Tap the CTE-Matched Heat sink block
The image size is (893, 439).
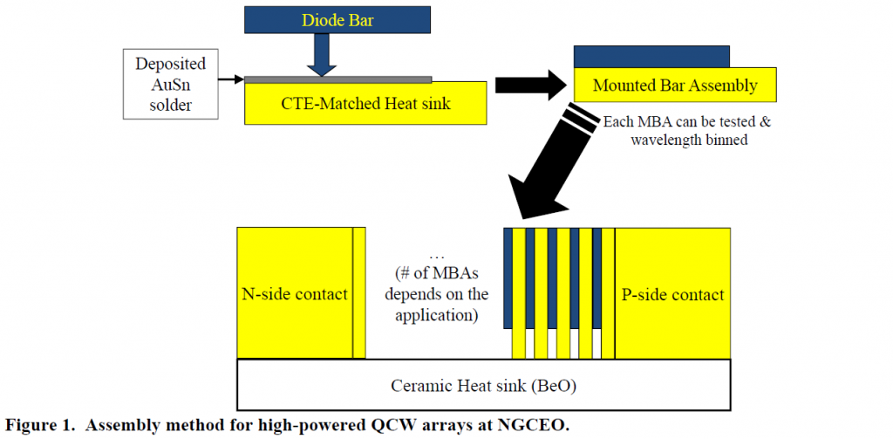(365, 104)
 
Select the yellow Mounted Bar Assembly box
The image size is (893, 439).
(674, 86)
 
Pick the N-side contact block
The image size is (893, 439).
(294, 293)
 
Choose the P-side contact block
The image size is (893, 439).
(672, 293)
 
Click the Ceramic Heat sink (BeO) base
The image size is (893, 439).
(483, 383)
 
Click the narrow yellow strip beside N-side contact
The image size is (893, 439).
(359, 293)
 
